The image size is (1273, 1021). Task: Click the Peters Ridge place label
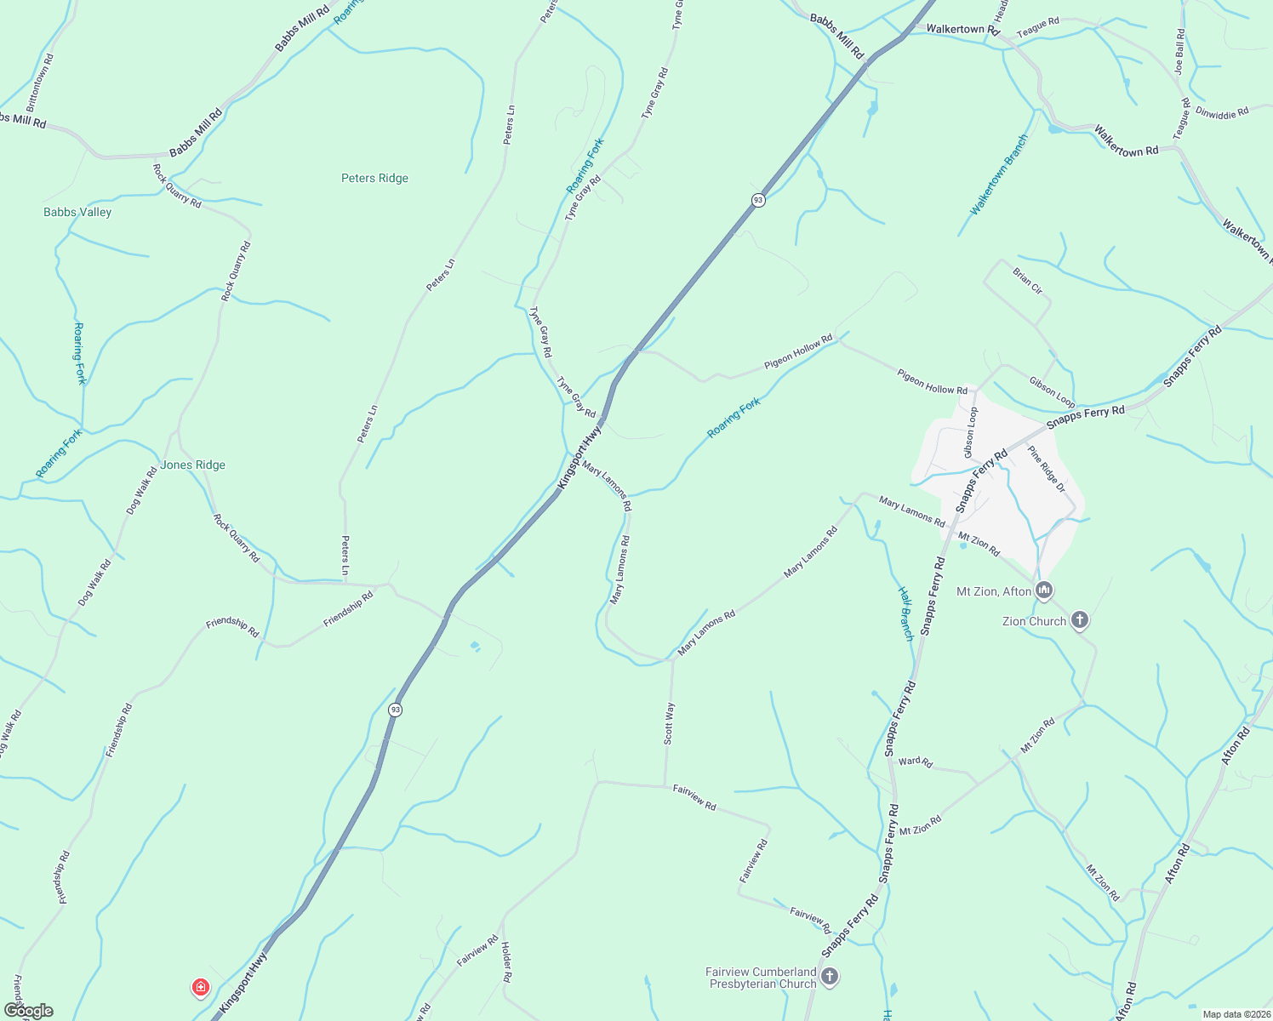[x=374, y=178]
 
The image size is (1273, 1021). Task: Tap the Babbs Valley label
[x=77, y=212]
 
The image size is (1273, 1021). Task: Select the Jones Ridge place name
[x=193, y=465]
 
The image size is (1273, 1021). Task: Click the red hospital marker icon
[x=201, y=987]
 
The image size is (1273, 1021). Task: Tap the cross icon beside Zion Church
[x=1080, y=620]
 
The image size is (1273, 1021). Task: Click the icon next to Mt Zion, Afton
[x=1044, y=590]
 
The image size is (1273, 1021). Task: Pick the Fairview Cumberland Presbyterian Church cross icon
[x=830, y=977]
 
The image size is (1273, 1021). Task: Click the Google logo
[x=28, y=1011]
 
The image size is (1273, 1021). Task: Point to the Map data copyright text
[x=1235, y=1014]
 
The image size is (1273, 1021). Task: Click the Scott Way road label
[x=670, y=723]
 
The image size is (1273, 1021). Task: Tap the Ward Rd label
[x=916, y=761]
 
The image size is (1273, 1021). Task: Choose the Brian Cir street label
[x=1028, y=281]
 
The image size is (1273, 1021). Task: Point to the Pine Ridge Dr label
[x=1047, y=469]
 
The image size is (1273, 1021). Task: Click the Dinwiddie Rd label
[x=1222, y=111]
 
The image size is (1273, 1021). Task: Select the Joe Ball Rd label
[x=1179, y=51]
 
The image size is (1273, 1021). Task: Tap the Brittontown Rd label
[x=40, y=83]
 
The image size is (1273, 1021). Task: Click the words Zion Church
[x=1034, y=621]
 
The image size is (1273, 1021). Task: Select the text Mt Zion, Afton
[x=994, y=591]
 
